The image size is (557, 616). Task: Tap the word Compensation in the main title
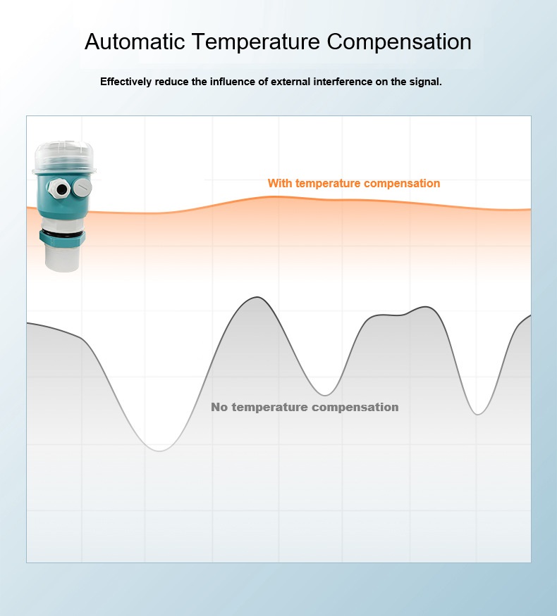click(x=399, y=42)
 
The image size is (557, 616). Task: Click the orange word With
click(x=280, y=184)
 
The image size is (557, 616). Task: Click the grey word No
click(x=219, y=408)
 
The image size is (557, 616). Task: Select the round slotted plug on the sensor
click(x=81, y=187)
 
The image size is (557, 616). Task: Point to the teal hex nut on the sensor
click(x=63, y=239)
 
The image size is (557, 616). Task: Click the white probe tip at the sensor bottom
click(x=63, y=258)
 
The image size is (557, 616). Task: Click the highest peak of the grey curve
click(x=255, y=297)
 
